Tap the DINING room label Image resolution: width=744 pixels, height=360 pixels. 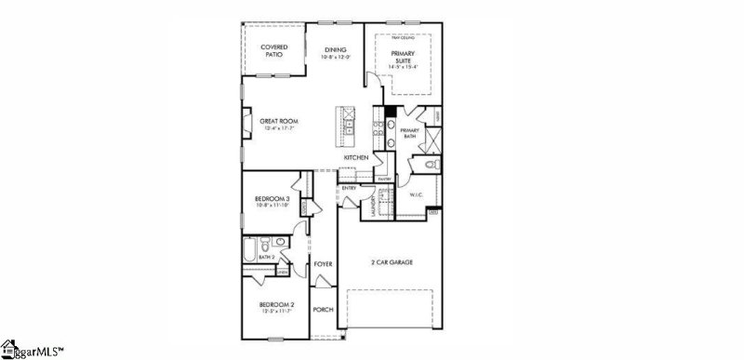coord(336,50)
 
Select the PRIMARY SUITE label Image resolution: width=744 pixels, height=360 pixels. coord(402,58)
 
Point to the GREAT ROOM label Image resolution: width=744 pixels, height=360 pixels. coord(277,121)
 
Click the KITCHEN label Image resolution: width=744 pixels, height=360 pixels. coord(357,158)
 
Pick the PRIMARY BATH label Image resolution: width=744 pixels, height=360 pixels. coord(411,133)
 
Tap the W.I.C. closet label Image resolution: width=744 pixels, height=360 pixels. coord(416,194)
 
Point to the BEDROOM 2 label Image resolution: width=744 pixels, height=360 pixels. coord(275,306)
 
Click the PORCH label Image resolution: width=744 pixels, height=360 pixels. coord(323,310)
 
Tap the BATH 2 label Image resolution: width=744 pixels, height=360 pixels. coord(254,257)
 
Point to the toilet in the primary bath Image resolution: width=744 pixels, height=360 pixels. coord(429,166)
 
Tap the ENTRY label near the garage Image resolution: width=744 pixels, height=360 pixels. coord(350,188)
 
